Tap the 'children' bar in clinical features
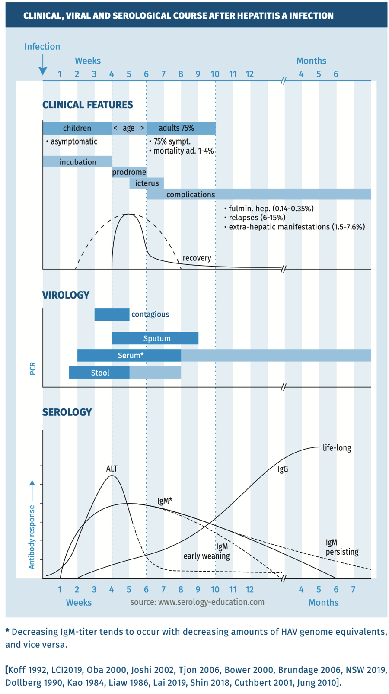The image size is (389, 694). click(x=77, y=128)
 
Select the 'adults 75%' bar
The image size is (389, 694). click(x=181, y=128)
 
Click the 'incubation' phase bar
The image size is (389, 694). click(x=77, y=162)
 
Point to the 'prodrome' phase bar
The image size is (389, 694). click(x=129, y=172)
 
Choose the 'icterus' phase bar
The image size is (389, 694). click(x=147, y=183)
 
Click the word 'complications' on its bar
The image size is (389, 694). click(x=191, y=194)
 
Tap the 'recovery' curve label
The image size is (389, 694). click(x=197, y=258)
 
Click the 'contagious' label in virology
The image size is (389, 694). click(x=150, y=314)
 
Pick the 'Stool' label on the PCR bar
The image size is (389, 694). click(x=100, y=373)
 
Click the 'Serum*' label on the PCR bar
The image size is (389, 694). click(x=131, y=355)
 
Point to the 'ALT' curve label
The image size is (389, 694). click(x=112, y=469)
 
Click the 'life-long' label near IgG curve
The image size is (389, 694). click(x=337, y=448)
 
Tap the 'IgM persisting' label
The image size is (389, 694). click(x=341, y=547)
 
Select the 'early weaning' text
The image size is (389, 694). click(x=207, y=556)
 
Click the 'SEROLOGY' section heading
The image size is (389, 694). click(x=67, y=412)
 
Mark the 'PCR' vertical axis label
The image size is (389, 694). click(x=33, y=368)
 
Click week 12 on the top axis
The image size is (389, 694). click(x=249, y=74)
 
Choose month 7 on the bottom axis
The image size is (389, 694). click(x=353, y=589)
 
